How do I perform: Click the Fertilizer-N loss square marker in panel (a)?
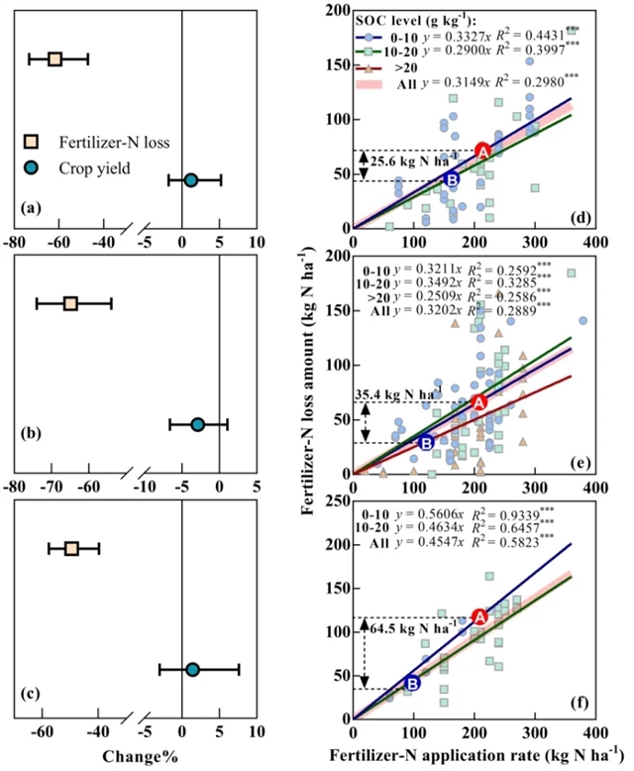(x=54, y=59)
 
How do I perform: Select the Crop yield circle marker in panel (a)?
(x=190, y=179)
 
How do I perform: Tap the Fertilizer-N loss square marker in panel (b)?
(x=70, y=302)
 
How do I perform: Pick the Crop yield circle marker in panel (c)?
(x=192, y=670)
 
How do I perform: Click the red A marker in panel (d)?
(x=482, y=151)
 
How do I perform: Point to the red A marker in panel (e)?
(x=478, y=402)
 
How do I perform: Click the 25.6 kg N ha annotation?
(x=416, y=157)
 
